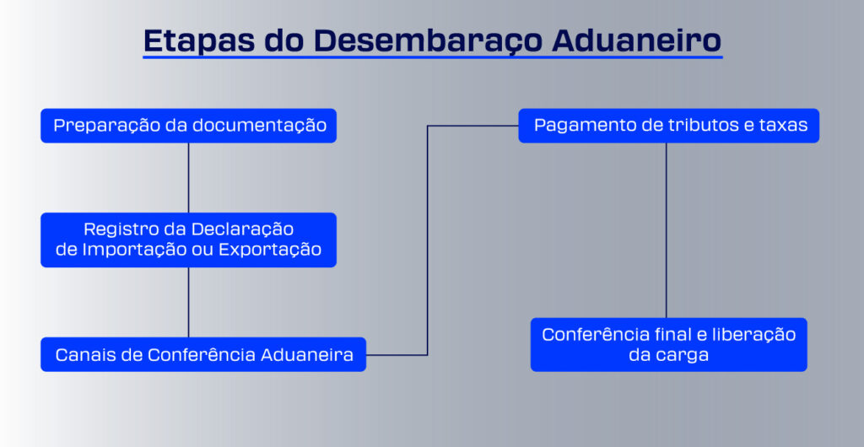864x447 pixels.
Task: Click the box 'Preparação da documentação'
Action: click(188, 126)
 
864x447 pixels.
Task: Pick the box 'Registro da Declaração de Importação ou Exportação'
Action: click(188, 240)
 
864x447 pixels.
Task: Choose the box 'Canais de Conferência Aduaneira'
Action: click(203, 354)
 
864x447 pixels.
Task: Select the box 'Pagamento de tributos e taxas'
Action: click(668, 126)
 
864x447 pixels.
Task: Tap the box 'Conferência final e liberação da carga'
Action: click(668, 345)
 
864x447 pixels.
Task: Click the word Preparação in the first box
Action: click(107, 126)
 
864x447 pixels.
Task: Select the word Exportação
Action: click(270, 250)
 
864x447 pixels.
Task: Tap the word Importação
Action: click(134, 250)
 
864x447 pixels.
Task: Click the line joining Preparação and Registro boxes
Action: click(188, 178)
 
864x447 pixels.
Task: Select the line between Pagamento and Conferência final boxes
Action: click(667, 230)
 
